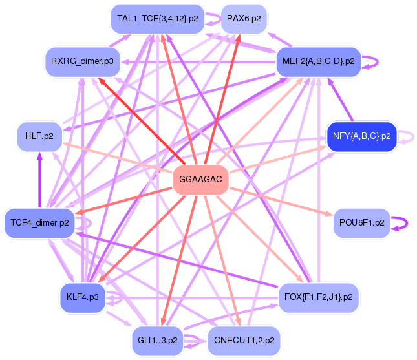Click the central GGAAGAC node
201,180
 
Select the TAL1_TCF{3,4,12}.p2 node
158,19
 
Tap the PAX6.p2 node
244,19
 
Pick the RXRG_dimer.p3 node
83,62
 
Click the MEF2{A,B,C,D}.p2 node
319,62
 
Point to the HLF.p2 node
39,136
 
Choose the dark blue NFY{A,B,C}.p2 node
361,136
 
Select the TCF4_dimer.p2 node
39,223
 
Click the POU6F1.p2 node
361,223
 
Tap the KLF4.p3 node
83,297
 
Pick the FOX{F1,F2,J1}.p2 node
319,297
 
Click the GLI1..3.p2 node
158,341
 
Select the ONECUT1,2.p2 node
244,341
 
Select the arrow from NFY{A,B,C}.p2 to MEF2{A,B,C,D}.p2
340,100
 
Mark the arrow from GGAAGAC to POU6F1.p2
281,202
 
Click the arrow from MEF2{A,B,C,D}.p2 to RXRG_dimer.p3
198,62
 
